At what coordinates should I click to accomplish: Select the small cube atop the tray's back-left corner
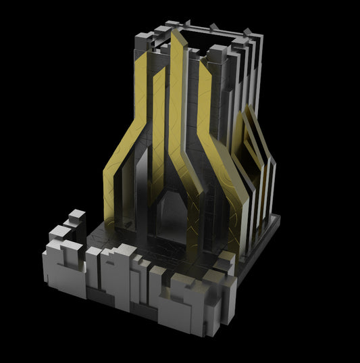tap(77, 216)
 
